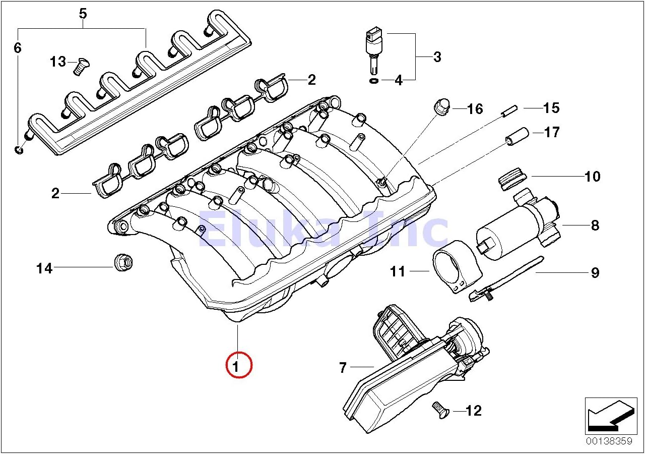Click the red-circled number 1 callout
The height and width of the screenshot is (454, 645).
click(x=238, y=364)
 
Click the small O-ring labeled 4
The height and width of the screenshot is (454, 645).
click(x=373, y=80)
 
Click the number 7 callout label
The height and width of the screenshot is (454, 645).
click(x=343, y=368)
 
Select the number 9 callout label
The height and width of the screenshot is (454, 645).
click(x=595, y=273)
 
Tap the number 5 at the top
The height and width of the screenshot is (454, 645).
click(x=83, y=14)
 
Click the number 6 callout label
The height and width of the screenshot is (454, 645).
click(x=18, y=48)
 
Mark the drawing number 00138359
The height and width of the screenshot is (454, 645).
click(x=608, y=441)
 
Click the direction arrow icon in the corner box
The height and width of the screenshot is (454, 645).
click(x=608, y=416)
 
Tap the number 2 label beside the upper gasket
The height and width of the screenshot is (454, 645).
click(x=311, y=79)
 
